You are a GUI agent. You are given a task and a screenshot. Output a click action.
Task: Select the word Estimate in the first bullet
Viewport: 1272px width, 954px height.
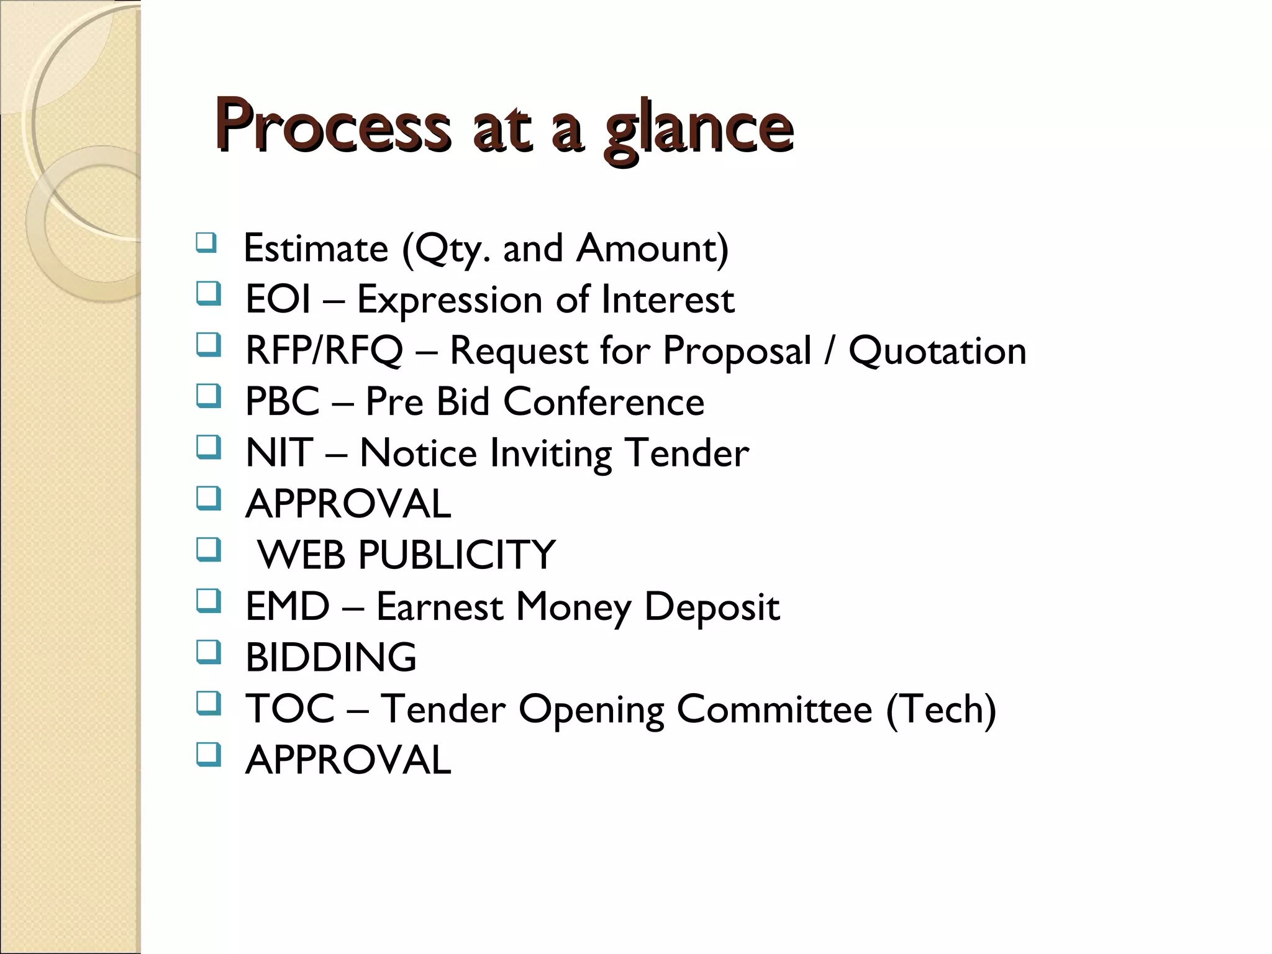pyautogui.click(x=316, y=248)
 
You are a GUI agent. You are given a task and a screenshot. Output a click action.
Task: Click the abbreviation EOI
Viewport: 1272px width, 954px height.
pyautogui.click(x=278, y=299)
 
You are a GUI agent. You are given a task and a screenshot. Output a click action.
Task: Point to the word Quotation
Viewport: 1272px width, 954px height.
pyautogui.click(x=937, y=351)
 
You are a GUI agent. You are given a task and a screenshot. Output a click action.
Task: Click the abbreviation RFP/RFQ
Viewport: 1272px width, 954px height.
pyautogui.click(x=324, y=351)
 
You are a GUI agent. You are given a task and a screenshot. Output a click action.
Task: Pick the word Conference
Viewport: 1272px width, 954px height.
pyautogui.click(x=604, y=402)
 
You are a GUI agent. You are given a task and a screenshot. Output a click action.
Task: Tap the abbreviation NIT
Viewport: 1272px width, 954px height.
pyautogui.click(x=279, y=453)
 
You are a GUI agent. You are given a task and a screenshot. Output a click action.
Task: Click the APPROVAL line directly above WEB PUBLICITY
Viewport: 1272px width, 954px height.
pyautogui.click(x=348, y=504)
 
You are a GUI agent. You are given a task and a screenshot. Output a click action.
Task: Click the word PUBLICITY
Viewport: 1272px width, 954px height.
pyautogui.click(x=457, y=555)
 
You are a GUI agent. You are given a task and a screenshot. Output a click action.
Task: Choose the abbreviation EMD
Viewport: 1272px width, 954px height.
pyautogui.click(x=287, y=606)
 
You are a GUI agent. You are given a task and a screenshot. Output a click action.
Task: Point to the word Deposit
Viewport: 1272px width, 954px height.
pyautogui.click(x=712, y=606)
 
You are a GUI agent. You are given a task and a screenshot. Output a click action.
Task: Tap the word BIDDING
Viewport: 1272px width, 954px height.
pyautogui.click(x=331, y=657)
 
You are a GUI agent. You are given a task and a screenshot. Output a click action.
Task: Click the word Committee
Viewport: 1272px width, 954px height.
pyautogui.click(x=774, y=709)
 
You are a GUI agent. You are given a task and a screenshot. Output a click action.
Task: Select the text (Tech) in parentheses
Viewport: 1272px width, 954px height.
pyautogui.click(x=941, y=709)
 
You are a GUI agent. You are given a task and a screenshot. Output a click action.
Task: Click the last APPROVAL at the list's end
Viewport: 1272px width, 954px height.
pyautogui.click(x=348, y=760)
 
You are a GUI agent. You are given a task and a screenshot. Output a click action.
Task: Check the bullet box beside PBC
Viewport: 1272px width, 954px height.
pyautogui.click(x=208, y=396)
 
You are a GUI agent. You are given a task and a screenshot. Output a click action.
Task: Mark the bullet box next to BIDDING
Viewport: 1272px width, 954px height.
pyautogui.click(x=208, y=652)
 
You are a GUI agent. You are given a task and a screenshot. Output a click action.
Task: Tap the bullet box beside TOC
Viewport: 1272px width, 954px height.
pyautogui.click(x=208, y=704)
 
